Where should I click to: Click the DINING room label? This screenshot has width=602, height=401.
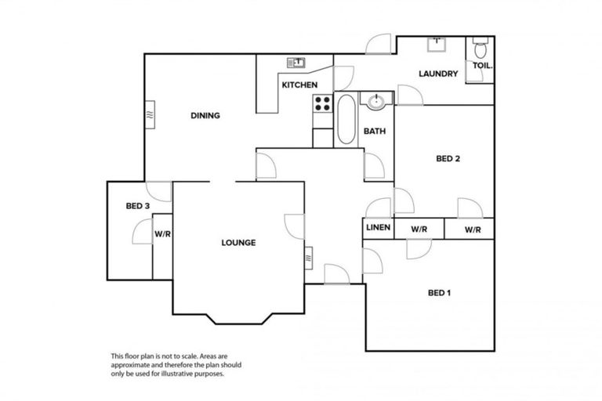coord(205,116)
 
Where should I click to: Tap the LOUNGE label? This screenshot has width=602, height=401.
coord(238,243)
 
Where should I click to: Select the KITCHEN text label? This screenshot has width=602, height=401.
coord(299,85)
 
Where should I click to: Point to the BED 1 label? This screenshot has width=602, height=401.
coord(439,294)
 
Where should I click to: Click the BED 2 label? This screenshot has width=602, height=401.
coord(447,159)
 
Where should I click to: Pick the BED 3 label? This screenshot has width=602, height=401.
coord(137,206)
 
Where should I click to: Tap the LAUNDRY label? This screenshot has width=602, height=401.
coord(437,74)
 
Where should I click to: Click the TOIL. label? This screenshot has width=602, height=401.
coord(481,66)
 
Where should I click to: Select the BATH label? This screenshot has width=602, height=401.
coord(374,132)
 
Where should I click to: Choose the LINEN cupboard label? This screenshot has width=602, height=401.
coord(378,229)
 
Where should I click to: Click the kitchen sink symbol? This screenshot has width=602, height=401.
coord(298,63)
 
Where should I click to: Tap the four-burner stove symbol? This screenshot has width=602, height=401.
coord(322,103)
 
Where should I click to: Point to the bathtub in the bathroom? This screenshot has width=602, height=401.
coord(346,119)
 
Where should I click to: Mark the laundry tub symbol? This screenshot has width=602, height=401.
coord(437,44)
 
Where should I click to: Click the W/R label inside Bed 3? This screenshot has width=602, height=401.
coord(162,233)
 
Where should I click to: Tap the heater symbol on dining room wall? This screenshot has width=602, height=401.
coord(149,115)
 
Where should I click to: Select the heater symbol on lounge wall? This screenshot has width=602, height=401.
coord(309,255)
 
